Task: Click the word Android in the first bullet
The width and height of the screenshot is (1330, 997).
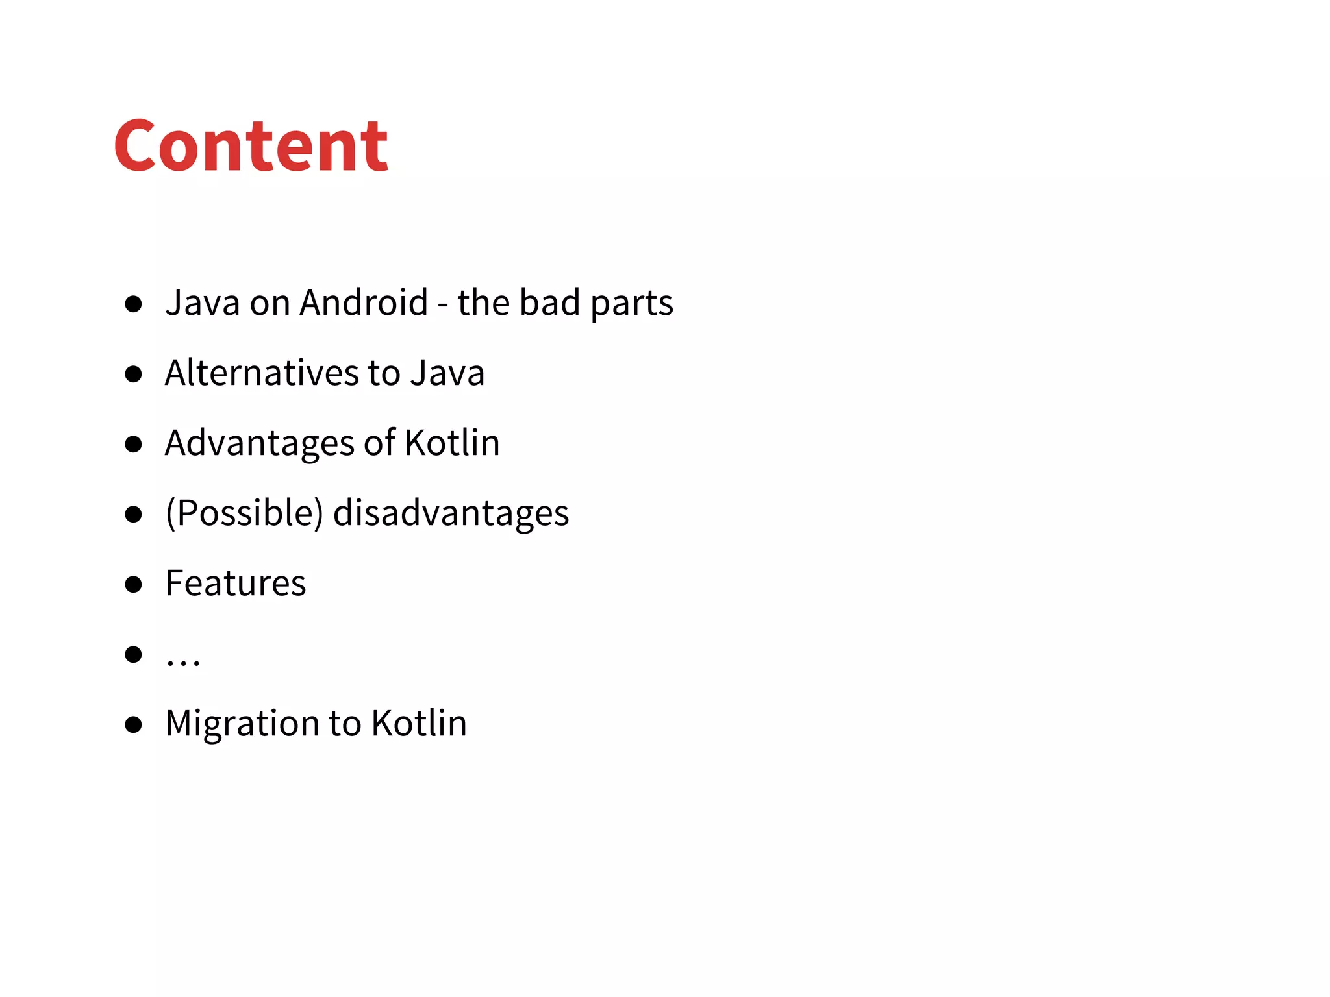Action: [364, 302]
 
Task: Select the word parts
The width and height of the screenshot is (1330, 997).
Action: [632, 304]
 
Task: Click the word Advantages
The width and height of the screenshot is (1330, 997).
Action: [258, 443]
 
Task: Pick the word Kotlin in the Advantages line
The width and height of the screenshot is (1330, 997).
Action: [452, 443]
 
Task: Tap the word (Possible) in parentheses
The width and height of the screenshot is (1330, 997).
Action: [244, 513]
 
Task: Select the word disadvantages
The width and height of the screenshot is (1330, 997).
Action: [451, 513]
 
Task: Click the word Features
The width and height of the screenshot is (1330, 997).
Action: [236, 583]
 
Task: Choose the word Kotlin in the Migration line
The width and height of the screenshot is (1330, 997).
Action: [419, 723]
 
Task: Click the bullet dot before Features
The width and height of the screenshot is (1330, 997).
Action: [133, 584]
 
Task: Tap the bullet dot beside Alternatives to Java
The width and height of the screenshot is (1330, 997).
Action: [133, 374]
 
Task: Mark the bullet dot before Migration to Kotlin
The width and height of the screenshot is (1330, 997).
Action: [133, 724]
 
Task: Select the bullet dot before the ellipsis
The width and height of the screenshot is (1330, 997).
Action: [133, 654]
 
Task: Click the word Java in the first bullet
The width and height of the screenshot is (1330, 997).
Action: [203, 302]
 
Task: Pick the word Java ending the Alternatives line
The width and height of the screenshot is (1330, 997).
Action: [447, 373]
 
